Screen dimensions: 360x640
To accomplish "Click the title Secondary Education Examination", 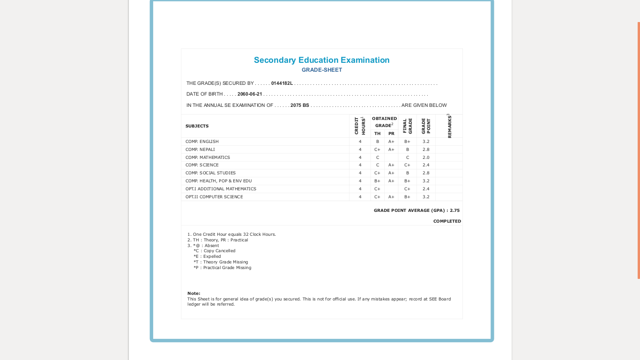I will [321, 60].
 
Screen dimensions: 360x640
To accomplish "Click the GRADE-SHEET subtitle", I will [321, 70].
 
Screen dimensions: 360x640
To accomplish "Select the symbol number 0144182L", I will [282, 83].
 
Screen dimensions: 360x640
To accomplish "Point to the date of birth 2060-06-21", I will [250, 94].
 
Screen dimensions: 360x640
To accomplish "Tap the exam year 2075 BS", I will [299, 105].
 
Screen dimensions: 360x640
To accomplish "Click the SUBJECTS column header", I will [197, 126].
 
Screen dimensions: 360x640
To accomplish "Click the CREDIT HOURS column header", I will [359, 126].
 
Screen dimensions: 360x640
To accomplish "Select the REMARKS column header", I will [449, 126].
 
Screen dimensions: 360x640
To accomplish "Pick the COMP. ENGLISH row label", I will [202, 142].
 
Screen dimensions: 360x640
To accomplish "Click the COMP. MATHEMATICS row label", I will [208, 157].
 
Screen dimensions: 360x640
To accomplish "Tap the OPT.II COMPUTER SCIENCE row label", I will [214, 197].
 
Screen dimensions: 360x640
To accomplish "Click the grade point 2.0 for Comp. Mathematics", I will [426, 157].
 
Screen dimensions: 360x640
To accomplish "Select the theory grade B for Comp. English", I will [378, 142].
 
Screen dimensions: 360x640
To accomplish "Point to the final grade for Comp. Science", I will [407, 165].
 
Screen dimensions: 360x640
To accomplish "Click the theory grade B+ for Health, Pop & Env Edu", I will [377, 181].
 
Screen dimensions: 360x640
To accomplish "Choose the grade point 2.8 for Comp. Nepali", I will [426, 150].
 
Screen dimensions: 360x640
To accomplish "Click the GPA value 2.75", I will [454, 210].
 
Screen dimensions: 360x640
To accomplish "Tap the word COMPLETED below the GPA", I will [447, 221].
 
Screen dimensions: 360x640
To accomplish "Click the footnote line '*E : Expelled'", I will [207, 256].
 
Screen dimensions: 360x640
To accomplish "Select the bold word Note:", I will [193, 293].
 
